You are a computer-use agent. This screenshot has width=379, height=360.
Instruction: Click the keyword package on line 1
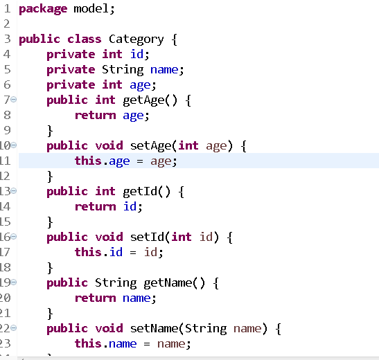coord(43,10)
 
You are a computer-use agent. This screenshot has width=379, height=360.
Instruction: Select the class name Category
coord(136,39)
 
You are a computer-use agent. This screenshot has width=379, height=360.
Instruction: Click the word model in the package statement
coord(91,9)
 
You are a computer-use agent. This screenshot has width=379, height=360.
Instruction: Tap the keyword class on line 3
coord(84,39)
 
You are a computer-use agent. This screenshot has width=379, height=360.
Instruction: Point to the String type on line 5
coord(123,70)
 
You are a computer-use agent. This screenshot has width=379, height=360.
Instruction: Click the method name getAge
coord(143,100)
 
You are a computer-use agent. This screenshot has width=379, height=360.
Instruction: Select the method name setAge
coord(151,146)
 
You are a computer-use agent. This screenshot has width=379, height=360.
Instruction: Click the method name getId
coord(140,192)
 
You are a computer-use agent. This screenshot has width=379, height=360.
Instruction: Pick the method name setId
coord(148,237)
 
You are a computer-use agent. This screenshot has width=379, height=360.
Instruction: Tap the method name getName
coord(168,283)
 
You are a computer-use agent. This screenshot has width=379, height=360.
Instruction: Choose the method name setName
coord(155,329)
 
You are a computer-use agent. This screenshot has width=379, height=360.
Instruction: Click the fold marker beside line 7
coord(14,100)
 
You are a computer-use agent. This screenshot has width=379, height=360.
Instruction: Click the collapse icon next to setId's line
coord(14,237)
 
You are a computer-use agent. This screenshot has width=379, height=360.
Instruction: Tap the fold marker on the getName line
coord(14,282)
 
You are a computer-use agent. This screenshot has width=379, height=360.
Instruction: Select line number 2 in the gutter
coord(7,24)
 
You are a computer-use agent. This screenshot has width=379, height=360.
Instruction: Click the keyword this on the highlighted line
coord(88,161)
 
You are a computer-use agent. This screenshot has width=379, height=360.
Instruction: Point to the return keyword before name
coord(96,298)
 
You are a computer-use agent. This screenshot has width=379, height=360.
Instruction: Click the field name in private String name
coord(164,70)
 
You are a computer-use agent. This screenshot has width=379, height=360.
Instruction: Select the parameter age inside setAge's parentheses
coord(216,147)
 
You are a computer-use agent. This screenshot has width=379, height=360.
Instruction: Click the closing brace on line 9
coord(50,131)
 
